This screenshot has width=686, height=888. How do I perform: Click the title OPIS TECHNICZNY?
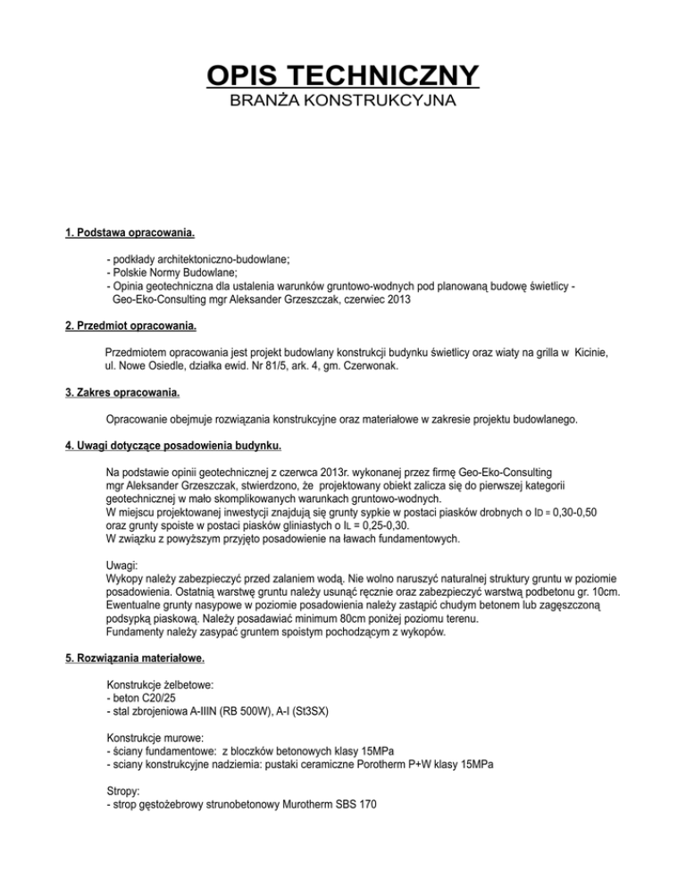click(x=343, y=74)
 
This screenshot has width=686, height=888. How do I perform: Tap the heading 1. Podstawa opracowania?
click(x=130, y=234)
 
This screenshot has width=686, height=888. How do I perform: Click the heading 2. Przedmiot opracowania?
click(x=131, y=328)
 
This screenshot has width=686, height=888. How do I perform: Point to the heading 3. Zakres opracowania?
click(x=122, y=392)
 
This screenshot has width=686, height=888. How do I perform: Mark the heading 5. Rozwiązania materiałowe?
click(x=135, y=660)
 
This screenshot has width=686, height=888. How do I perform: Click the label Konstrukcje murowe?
click(x=155, y=740)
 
